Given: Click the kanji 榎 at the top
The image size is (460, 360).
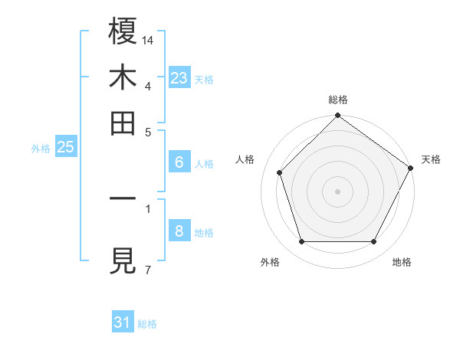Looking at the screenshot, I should pyautogui.click(x=123, y=31).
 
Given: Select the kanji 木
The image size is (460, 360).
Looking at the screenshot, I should pyautogui.click(x=123, y=77).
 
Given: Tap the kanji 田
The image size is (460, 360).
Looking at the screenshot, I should pyautogui.click(x=123, y=123).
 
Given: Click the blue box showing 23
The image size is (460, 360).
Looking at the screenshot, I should pyautogui.click(x=179, y=78).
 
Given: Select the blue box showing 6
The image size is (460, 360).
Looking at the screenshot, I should pyautogui.click(x=179, y=162).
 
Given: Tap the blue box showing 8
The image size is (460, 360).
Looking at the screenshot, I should pyautogui.click(x=179, y=231).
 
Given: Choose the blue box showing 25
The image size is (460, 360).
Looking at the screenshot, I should pyautogui.click(x=66, y=148).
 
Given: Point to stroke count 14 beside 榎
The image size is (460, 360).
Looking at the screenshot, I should pyautogui.click(x=148, y=39).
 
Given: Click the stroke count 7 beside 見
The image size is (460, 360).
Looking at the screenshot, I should pyautogui.click(x=147, y=270).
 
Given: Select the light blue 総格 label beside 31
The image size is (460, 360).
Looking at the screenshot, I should pyautogui.click(x=147, y=324).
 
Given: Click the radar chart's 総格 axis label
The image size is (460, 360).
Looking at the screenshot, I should pyautogui.click(x=337, y=100).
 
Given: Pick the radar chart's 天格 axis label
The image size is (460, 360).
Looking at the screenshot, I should pyautogui.click(x=431, y=160).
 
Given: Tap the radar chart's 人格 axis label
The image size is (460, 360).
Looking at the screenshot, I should pyautogui.click(x=245, y=160).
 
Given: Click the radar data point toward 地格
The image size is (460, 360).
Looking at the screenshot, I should pyautogui.click(x=373, y=242).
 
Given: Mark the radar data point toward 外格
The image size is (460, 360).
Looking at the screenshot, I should pyautogui.click(x=301, y=242).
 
